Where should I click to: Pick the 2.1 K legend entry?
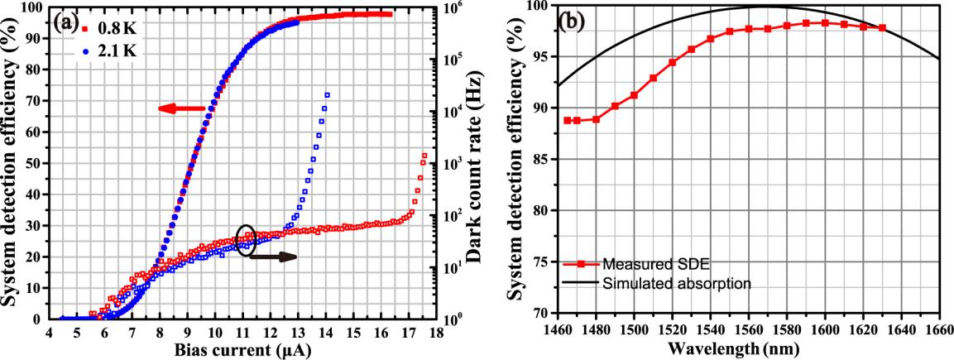click(x=113, y=51)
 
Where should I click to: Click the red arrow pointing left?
click(x=181, y=108)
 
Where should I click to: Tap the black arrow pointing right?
click(x=273, y=257)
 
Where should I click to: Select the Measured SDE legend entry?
click(x=630, y=264)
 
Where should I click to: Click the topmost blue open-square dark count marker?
click(x=327, y=95)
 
